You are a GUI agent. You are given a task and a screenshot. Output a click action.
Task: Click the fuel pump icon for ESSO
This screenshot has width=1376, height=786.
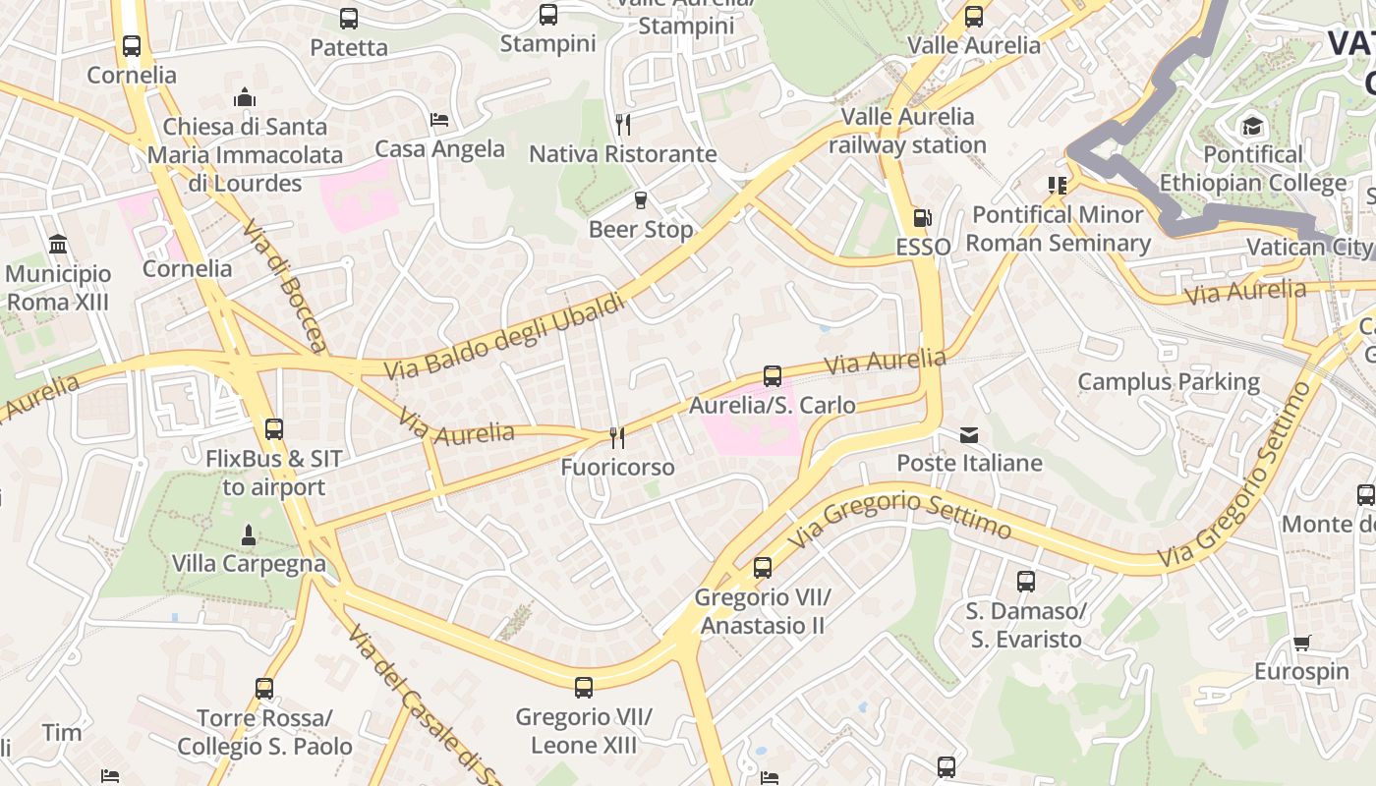(x=922, y=218)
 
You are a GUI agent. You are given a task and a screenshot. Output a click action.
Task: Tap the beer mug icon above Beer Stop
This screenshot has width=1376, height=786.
(x=641, y=200)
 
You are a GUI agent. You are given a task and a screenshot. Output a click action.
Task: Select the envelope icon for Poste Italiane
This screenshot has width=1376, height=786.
(x=969, y=434)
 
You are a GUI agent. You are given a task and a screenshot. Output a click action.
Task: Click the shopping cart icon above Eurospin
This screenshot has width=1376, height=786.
(x=1301, y=644)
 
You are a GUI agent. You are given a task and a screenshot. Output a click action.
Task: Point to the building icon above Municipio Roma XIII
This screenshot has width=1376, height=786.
(x=58, y=244)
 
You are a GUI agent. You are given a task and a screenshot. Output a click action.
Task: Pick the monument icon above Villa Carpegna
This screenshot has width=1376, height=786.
(x=248, y=535)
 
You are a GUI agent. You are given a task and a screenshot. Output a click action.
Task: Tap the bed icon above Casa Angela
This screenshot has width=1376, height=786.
(x=439, y=120)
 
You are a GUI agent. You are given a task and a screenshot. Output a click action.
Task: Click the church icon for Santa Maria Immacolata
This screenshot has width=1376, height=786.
(x=245, y=97)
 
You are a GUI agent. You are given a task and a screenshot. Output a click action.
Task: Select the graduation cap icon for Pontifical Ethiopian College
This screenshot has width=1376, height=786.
(x=1252, y=126)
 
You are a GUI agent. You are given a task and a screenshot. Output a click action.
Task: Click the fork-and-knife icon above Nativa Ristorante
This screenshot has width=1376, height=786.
(x=622, y=124)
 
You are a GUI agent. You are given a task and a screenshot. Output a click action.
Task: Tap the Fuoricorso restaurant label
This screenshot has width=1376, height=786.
(x=617, y=467)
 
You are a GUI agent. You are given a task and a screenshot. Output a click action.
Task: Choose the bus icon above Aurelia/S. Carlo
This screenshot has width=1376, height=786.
(x=773, y=376)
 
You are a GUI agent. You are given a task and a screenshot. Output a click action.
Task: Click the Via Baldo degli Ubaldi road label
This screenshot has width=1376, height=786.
(x=504, y=337)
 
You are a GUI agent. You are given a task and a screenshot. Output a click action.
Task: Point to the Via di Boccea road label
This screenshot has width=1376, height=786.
(x=284, y=286)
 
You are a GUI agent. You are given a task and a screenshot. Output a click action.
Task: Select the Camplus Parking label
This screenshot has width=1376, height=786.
(x=1169, y=381)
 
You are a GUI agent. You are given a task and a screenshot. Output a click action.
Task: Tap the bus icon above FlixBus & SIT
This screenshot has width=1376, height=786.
(x=273, y=429)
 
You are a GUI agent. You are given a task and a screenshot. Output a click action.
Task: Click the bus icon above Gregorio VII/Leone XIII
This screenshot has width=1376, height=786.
(x=584, y=688)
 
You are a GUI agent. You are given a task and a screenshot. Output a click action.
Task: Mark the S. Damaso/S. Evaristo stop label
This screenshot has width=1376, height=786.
(x=1026, y=625)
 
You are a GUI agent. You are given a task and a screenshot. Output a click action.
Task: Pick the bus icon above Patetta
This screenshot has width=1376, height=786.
(x=349, y=19)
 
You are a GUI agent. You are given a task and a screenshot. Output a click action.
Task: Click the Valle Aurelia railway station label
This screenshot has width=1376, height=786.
(x=907, y=131)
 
